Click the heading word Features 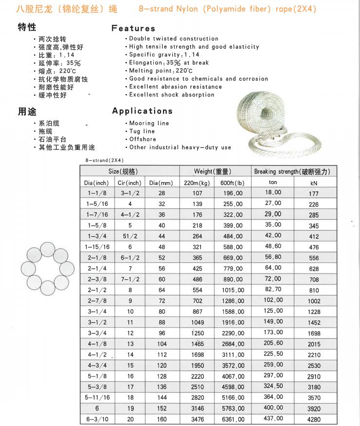pyautogui.click(x=133, y=28)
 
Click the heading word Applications pyautogui.click(x=143, y=111)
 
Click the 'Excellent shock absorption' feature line pyautogui.click(x=171, y=94)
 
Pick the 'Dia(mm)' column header pyautogui.click(x=161, y=183)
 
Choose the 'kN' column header pyautogui.click(x=314, y=183)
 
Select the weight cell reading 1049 pyautogui.click(x=197, y=322)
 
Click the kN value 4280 pyautogui.click(x=314, y=419)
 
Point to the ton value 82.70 pyautogui.click(x=273, y=289)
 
